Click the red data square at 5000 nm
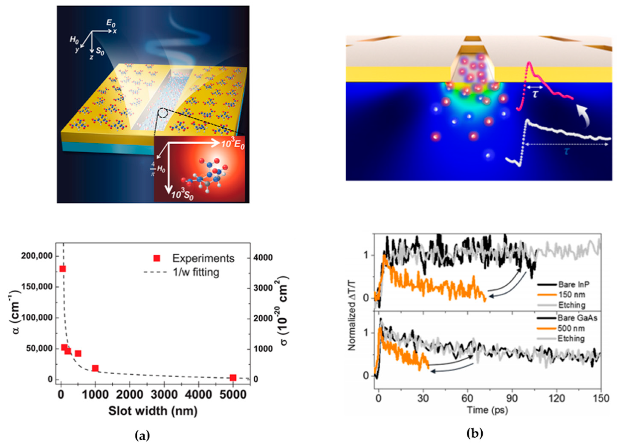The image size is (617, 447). [x=233, y=378]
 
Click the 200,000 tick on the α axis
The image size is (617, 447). [x=40, y=256]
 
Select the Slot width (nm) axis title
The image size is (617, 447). [x=153, y=411]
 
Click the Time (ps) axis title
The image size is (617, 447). [x=487, y=410]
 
